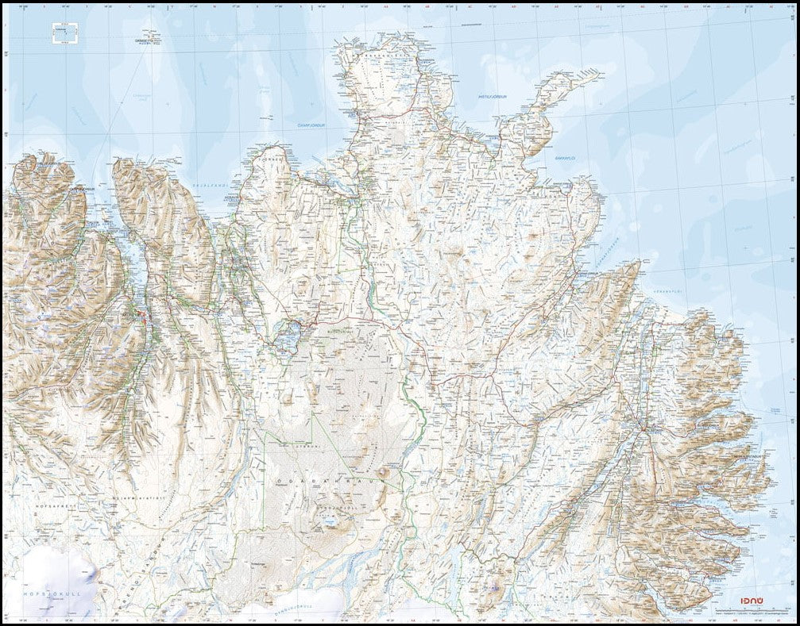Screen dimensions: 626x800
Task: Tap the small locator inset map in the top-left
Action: coord(64,33)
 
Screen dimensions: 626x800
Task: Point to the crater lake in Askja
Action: coord(330,522)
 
